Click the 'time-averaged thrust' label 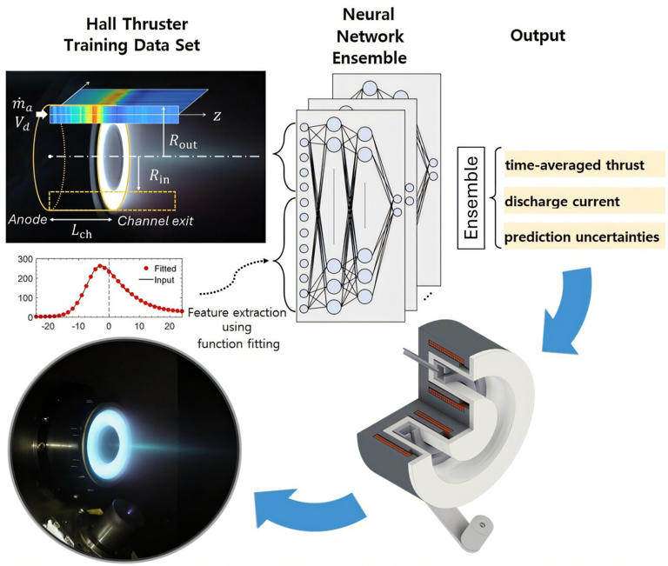click(572, 163)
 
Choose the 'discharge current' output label click(563, 200)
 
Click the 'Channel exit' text click(157, 221)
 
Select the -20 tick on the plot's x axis click(48, 324)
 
